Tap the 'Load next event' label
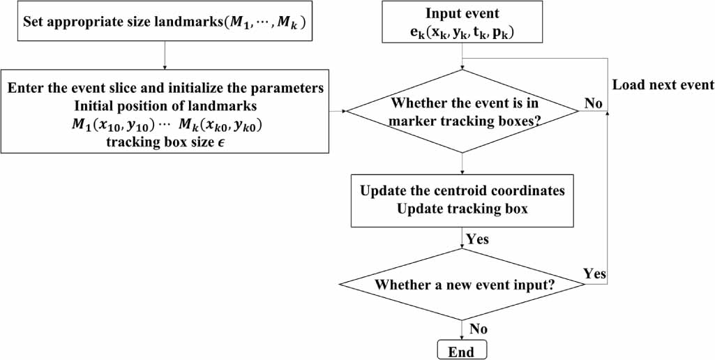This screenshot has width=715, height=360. (x=663, y=85)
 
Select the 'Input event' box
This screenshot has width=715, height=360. (x=461, y=24)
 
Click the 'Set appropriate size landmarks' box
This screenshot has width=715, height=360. (x=164, y=22)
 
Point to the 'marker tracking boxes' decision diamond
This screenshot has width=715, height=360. (x=462, y=110)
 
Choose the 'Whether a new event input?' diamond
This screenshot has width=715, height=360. (x=462, y=285)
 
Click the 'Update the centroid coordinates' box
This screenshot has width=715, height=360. (x=462, y=199)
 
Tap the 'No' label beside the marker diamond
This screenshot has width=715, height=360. (x=594, y=103)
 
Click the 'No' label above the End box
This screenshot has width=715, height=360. (x=479, y=328)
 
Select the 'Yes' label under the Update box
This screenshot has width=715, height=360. (x=478, y=239)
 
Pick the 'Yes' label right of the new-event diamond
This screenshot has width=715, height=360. (x=594, y=273)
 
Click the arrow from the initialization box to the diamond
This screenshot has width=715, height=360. (x=338, y=110)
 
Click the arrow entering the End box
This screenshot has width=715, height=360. (x=462, y=330)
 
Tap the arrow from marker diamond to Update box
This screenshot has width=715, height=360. (x=462, y=163)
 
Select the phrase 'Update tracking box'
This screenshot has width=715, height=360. (x=462, y=209)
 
